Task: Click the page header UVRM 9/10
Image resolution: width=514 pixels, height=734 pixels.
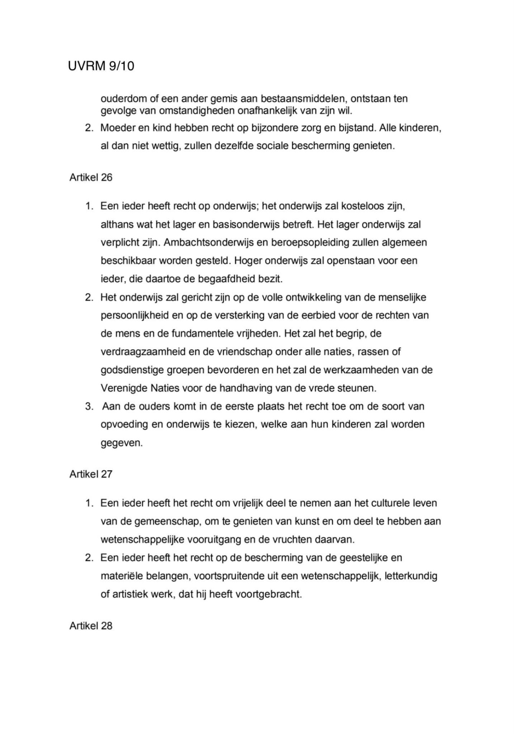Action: (101, 66)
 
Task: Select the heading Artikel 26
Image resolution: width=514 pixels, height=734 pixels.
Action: (91, 178)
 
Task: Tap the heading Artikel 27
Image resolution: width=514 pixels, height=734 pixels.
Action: (91, 474)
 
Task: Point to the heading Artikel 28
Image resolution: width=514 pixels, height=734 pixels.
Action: (91, 626)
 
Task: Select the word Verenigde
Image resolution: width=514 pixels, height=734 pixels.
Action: (124, 388)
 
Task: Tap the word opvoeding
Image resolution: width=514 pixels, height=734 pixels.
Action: (124, 425)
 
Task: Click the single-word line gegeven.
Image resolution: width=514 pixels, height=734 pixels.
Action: (121, 443)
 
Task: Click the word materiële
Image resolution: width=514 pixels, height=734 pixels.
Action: (121, 576)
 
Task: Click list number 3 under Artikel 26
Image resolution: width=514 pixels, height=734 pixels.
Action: (89, 406)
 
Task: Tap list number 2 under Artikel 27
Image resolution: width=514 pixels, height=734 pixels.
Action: (89, 558)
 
